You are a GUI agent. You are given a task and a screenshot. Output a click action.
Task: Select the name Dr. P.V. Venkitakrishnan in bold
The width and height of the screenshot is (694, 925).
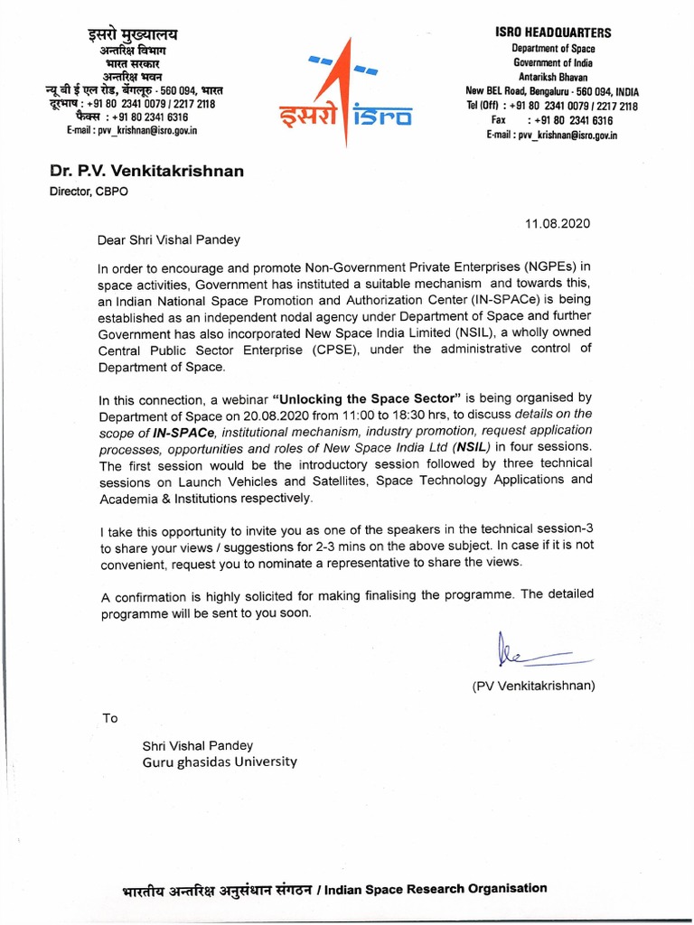click(x=145, y=172)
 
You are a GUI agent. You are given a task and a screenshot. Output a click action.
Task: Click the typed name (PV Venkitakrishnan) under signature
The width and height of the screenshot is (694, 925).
click(x=534, y=686)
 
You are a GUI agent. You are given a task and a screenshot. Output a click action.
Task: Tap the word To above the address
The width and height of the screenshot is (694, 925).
click(x=109, y=718)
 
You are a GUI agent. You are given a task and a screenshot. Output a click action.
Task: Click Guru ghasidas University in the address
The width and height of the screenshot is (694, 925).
click(x=219, y=761)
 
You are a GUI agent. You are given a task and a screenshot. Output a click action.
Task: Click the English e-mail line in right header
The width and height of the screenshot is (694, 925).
click(x=551, y=134)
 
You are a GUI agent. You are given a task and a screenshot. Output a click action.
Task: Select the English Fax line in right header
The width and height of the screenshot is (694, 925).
click(x=551, y=119)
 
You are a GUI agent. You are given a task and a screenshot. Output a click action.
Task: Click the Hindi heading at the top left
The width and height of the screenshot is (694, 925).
click(x=133, y=34)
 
